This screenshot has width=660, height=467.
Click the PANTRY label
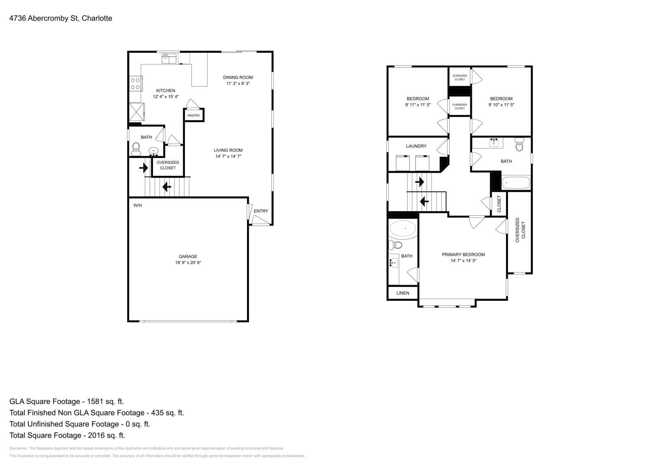point(193,116)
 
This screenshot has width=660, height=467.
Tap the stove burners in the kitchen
point(135,84)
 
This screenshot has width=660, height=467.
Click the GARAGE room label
point(188,257)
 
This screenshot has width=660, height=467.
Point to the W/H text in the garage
point(137,205)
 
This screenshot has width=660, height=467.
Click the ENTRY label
point(261,211)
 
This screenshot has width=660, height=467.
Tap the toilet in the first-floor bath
point(136,149)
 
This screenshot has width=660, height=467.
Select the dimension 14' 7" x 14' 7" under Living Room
point(228,156)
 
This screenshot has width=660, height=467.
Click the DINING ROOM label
point(238,78)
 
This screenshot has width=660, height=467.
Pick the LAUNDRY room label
point(416,146)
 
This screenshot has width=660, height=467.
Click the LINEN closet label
point(403,293)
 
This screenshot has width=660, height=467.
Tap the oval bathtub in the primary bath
point(403,229)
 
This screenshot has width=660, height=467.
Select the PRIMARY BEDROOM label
point(463,255)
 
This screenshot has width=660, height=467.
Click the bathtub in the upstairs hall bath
point(516,183)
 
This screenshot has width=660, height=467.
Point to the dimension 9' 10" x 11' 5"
point(501,105)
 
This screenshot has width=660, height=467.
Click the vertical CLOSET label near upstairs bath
point(499,204)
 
